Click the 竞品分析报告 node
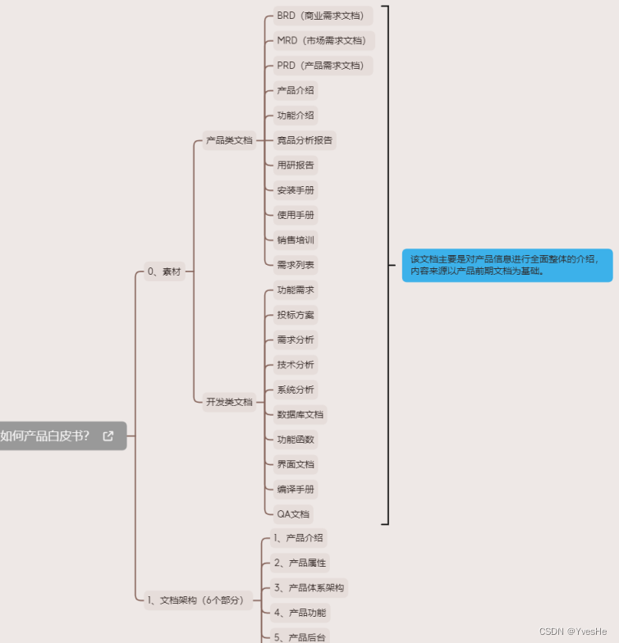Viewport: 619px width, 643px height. point(305,140)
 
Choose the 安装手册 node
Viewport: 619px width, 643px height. point(296,190)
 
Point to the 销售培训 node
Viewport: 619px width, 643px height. point(296,240)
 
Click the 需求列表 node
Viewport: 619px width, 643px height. point(296,265)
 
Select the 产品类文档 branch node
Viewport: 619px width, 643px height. point(229,140)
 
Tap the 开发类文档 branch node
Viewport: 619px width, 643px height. point(229,402)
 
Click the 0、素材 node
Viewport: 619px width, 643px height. point(164,271)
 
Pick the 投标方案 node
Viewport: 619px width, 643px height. point(296,315)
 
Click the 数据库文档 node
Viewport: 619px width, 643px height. point(300,415)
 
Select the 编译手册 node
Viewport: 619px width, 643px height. point(296,490)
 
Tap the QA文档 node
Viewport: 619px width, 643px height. point(293,514)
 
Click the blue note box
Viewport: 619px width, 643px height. point(507,265)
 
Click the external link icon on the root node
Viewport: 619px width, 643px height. point(108,436)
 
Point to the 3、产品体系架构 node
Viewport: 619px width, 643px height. point(309,588)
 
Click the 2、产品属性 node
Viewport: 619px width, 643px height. point(300,563)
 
